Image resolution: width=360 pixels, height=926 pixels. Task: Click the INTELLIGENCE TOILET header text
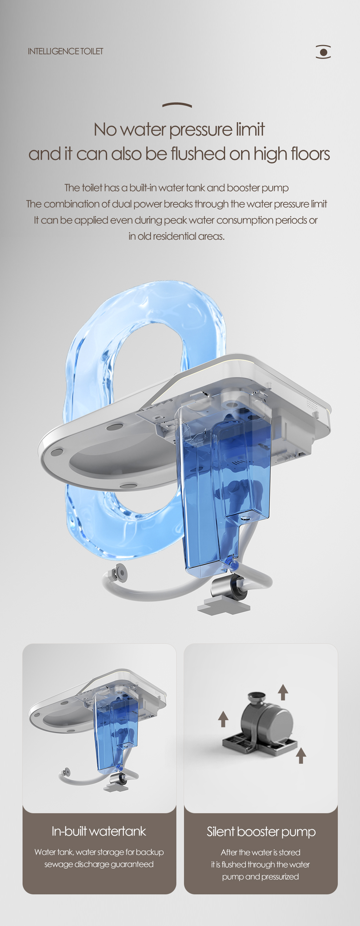[65, 51]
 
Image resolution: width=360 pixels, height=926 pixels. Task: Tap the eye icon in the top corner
[323, 52]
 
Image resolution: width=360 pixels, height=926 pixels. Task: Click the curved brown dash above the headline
[177, 105]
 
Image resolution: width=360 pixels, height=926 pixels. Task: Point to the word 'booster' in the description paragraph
[243, 188]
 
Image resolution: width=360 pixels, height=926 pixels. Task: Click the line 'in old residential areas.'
[176, 236]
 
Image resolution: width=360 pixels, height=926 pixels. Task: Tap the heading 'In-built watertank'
[99, 831]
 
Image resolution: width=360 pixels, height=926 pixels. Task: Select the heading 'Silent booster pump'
[261, 832]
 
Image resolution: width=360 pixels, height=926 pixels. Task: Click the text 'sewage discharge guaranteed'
[99, 864]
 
